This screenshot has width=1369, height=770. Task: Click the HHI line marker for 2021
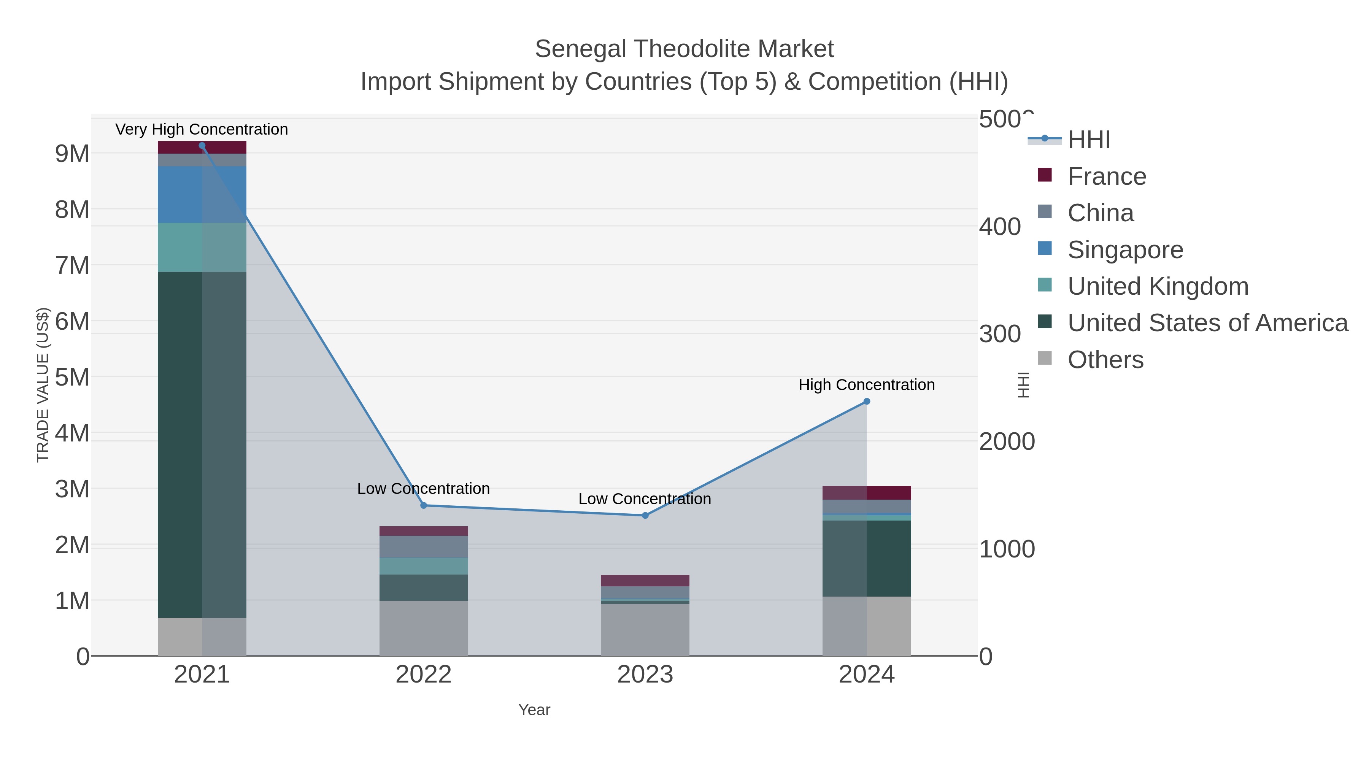pyautogui.click(x=202, y=146)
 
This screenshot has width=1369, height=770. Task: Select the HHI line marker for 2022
pyautogui.click(x=424, y=505)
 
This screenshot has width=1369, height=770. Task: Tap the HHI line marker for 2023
pyautogui.click(x=645, y=516)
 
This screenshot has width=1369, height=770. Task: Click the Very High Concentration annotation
pyautogui.click(x=202, y=129)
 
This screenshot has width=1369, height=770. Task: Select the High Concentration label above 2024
pyautogui.click(x=866, y=385)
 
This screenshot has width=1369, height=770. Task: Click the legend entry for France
pyautogui.click(x=1107, y=176)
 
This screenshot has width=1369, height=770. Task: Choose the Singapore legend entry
pyautogui.click(x=1125, y=250)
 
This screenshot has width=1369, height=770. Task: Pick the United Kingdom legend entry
pyautogui.click(x=1158, y=286)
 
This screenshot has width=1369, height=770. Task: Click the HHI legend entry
pyautogui.click(x=1088, y=140)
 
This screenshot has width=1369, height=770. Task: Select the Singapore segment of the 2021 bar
pyautogui.click(x=202, y=194)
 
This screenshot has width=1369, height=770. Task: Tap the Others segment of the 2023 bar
pyautogui.click(x=645, y=630)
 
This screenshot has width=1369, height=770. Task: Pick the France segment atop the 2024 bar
pyautogui.click(x=867, y=492)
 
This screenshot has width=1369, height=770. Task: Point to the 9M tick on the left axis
pyautogui.click(x=72, y=154)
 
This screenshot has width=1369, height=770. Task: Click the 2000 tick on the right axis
pyautogui.click(x=1007, y=441)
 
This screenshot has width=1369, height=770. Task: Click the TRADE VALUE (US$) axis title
pyautogui.click(x=43, y=385)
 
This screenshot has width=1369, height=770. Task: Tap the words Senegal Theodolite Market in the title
pyautogui.click(x=684, y=49)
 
